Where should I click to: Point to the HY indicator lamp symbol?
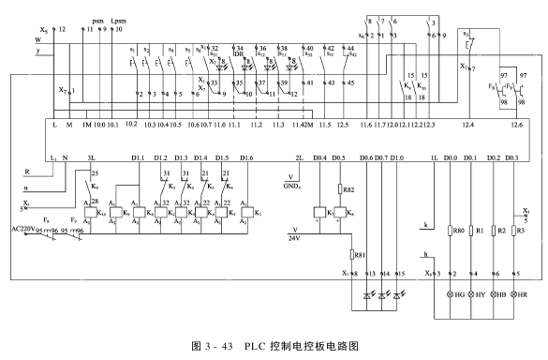point(471,294)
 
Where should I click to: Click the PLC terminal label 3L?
point(91,157)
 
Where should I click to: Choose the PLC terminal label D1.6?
point(246,157)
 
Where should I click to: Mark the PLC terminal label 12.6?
point(516,124)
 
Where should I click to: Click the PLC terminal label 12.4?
point(466,124)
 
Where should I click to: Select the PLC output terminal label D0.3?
point(511,157)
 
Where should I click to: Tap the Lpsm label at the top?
point(117,19)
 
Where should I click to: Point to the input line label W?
point(37,40)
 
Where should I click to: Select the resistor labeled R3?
point(516,229)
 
